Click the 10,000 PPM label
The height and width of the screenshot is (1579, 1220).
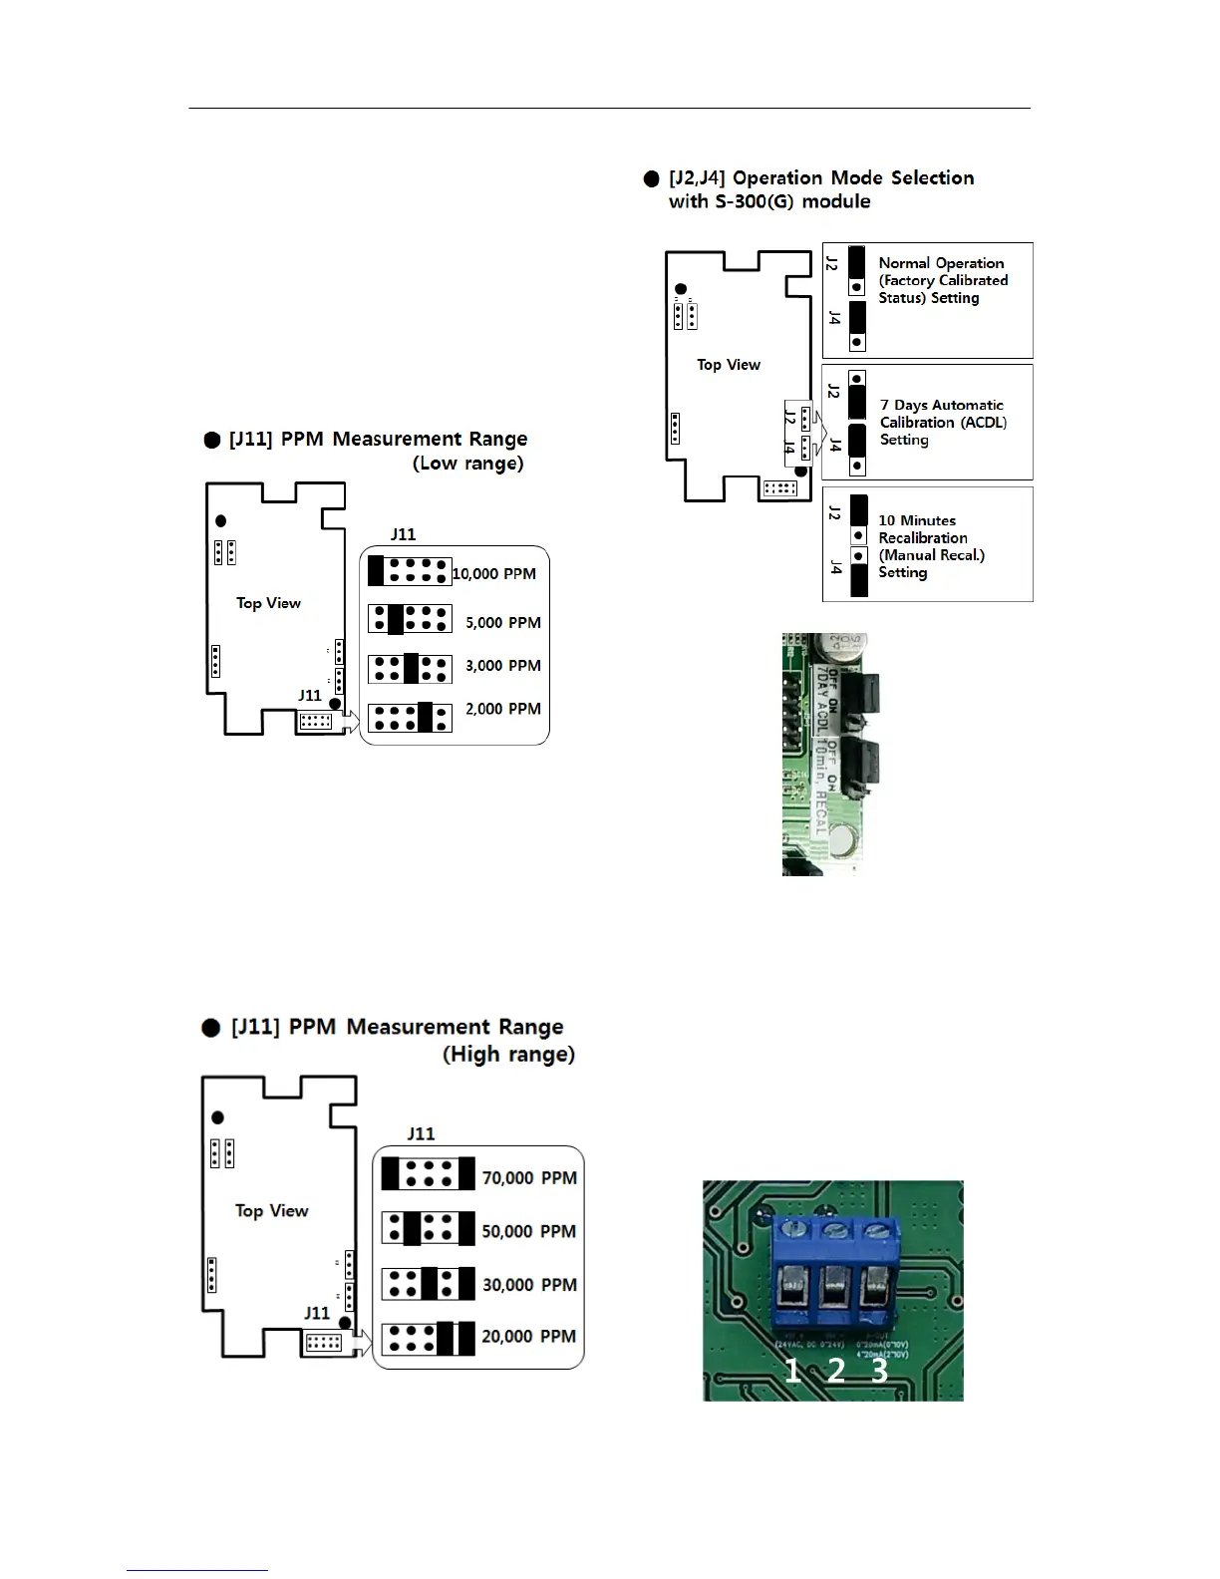coord(494,574)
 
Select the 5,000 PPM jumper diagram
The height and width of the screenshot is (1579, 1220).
coord(410,619)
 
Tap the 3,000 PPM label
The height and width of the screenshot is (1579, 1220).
coord(503,666)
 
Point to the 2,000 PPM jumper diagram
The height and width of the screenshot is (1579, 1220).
coord(410,718)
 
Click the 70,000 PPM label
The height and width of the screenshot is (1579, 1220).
coord(529,1178)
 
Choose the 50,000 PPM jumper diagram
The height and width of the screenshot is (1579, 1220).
coord(429,1228)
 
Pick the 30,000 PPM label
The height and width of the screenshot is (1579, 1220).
coord(529,1285)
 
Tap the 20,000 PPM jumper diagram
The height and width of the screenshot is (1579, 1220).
coord(429,1338)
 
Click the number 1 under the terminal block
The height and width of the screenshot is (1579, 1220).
coord(792,1371)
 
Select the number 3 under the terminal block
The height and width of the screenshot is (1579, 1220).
coord(879,1371)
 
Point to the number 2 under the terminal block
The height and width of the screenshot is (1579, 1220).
coord(835,1371)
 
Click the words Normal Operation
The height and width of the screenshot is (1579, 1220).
coord(941,263)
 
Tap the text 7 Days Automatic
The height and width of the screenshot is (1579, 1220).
coord(942,405)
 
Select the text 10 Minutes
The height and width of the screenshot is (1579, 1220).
coord(917,520)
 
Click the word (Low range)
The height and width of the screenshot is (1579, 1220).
coord(467,464)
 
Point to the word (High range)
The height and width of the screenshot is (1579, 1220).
coord(508,1055)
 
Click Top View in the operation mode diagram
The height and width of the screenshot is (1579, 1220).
coord(729,365)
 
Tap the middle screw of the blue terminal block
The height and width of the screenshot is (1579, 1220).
coord(835,1229)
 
